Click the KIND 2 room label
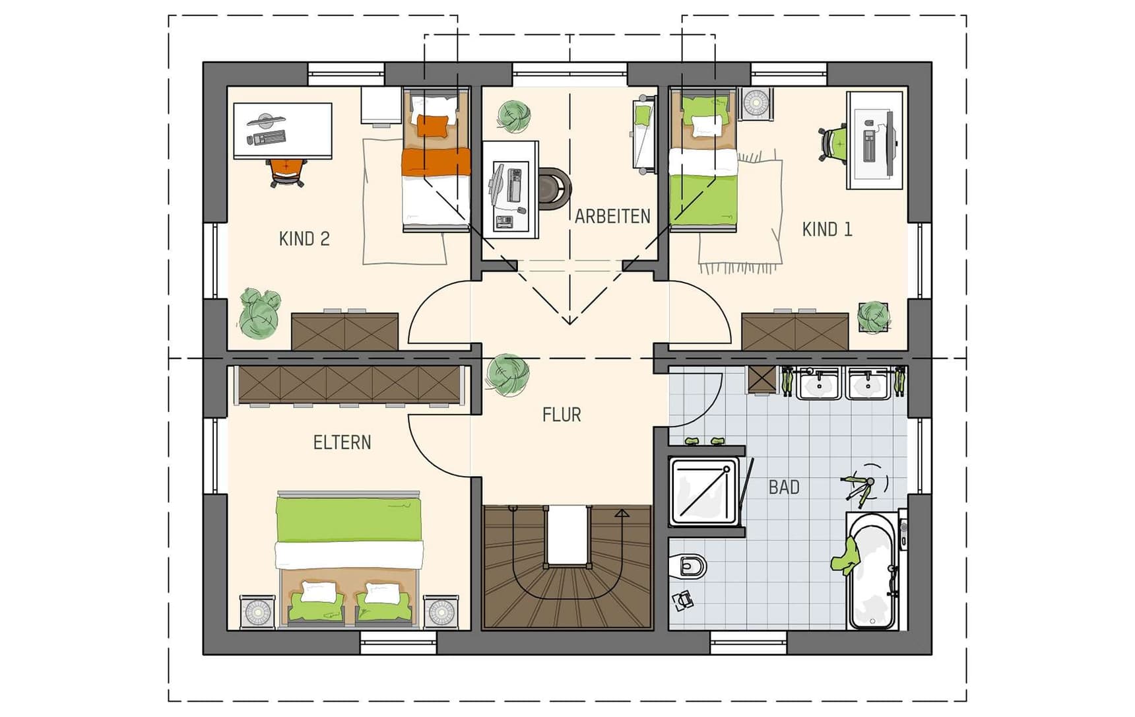[x=304, y=239]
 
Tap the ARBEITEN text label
[x=612, y=217]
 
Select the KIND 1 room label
[x=827, y=230]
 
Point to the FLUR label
[x=562, y=415]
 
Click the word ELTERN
[x=342, y=442]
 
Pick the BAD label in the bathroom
[x=784, y=487]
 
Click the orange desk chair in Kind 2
[x=288, y=172]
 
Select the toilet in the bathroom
[x=689, y=566]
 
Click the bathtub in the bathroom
[x=872, y=571]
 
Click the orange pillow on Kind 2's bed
[x=432, y=125]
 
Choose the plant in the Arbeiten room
[x=513, y=116]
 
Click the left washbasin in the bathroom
[x=819, y=384]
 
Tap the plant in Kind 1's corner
[x=874, y=317]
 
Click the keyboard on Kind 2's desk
[x=267, y=138]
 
